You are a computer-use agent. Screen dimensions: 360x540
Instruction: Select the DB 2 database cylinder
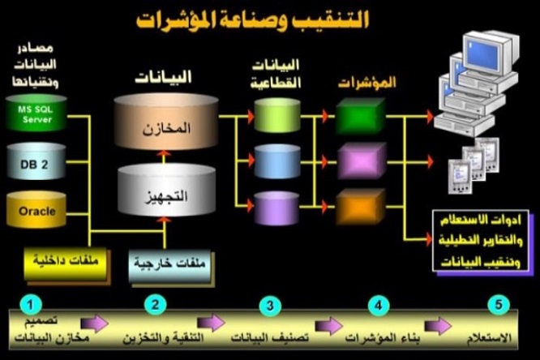tap(36, 163)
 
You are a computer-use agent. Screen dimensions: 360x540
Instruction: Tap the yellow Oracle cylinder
tap(36, 211)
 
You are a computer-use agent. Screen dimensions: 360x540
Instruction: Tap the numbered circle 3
tap(269, 305)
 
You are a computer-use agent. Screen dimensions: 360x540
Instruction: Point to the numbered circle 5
tap(499, 305)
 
